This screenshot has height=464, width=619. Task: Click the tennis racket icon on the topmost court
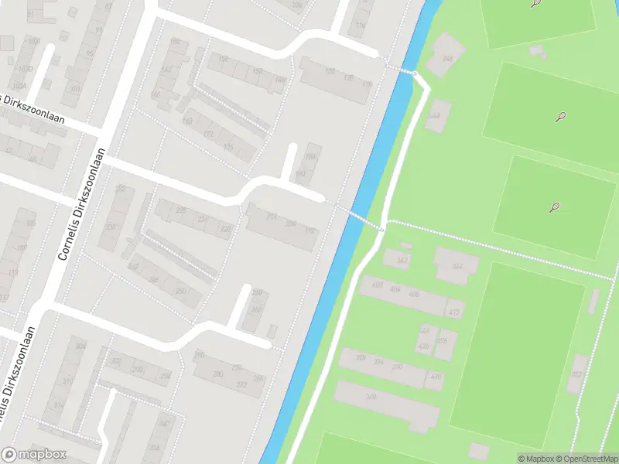point(535,4)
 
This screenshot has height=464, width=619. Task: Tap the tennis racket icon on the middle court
point(560,118)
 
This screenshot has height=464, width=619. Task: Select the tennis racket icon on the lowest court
point(554,207)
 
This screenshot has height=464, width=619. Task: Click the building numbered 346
point(447,60)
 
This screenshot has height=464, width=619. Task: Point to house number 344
point(457,266)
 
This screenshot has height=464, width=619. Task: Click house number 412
point(453,312)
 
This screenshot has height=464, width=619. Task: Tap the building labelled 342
point(402,261)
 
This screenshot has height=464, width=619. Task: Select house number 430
point(436,377)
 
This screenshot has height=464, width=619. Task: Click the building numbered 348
point(371,397)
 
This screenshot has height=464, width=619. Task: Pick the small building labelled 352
point(576,375)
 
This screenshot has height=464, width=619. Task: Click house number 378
point(443,341)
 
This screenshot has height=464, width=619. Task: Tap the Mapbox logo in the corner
point(33,455)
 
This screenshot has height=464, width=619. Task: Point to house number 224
point(203,219)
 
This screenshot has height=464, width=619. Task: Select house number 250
point(180,291)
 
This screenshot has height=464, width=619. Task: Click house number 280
point(219,374)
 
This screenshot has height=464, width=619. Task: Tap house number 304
point(80,346)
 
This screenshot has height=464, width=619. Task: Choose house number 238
point(111,227)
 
